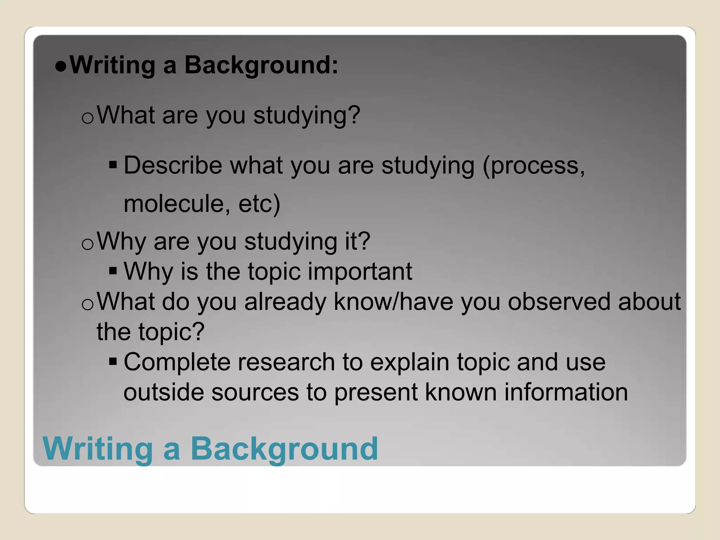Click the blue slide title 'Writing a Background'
(210, 449)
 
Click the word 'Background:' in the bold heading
(261, 65)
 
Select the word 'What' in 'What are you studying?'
(126, 115)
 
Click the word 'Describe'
(173, 165)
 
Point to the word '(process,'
(533, 165)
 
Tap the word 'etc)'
(259, 204)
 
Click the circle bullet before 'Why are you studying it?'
(87, 244)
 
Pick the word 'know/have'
(393, 302)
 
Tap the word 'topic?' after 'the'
(171, 332)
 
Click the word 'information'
(566, 392)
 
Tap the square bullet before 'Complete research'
(113, 361)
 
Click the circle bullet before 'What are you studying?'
(87, 118)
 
